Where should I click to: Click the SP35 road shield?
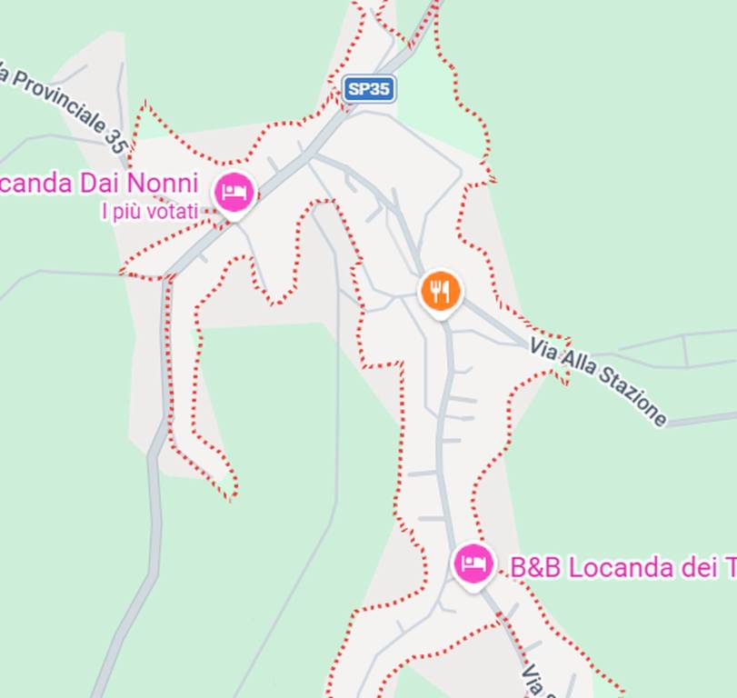pyautogui.click(x=369, y=88)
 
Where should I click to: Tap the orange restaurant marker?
pyautogui.click(x=441, y=292)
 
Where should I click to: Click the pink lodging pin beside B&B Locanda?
pyautogui.click(x=473, y=565)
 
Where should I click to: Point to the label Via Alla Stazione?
pyautogui.click(x=599, y=382)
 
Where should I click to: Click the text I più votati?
pyautogui.click(x=149, y=212)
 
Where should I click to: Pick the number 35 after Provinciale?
pyautogui.click(x=115, y=139)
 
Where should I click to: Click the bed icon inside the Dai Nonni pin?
pyautogui.click(x=234, y=192)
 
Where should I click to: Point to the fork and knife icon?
pyautogui.click(x=441, y=291)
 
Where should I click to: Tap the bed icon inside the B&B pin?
pyautogui.click(x=473, y=563)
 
